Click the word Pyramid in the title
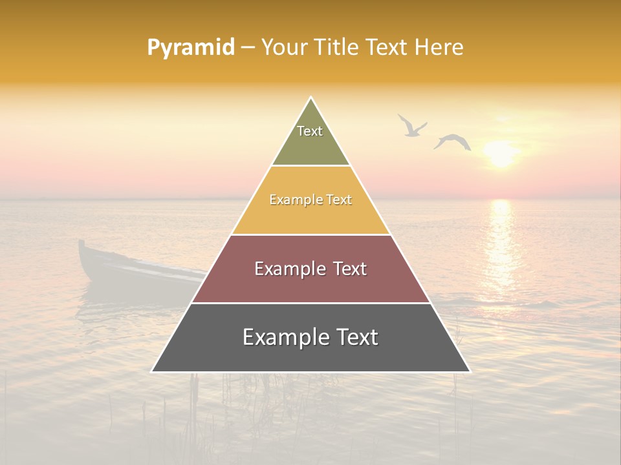(x=191, y=48)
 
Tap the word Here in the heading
(x=439, y=47)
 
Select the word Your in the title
(x=284, y=47)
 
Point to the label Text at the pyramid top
(x=310, y=131)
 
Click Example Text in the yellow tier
(x=310, y=200)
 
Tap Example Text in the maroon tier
(x=310, y=269)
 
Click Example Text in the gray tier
(x=310, y=337)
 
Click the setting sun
(x=501, y=154)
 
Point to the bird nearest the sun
(x=452, y=141)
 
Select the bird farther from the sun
(x=411, y=126)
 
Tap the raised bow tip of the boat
(x=82, y=245)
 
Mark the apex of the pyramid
(x=311, y=99)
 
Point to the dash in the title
(x=247, y=48)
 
